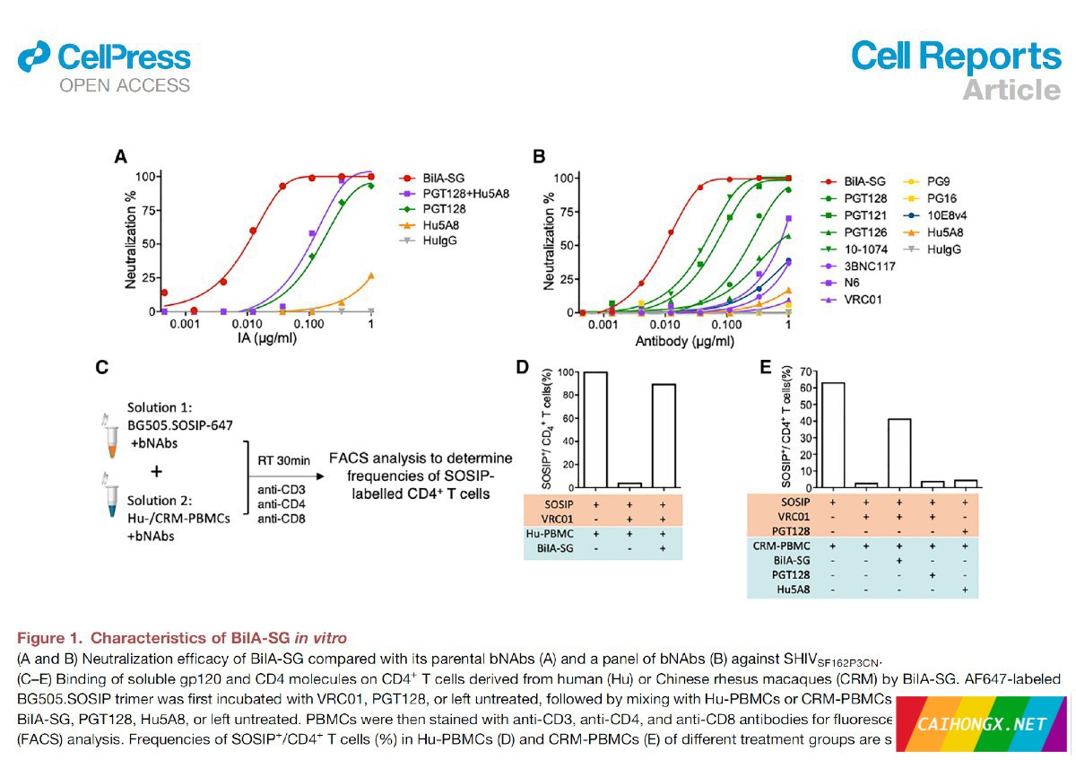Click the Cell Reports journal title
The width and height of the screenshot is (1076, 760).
[956, 56]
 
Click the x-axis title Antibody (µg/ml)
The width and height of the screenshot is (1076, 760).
[684, 343]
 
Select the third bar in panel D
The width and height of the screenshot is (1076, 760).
[664, 435]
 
